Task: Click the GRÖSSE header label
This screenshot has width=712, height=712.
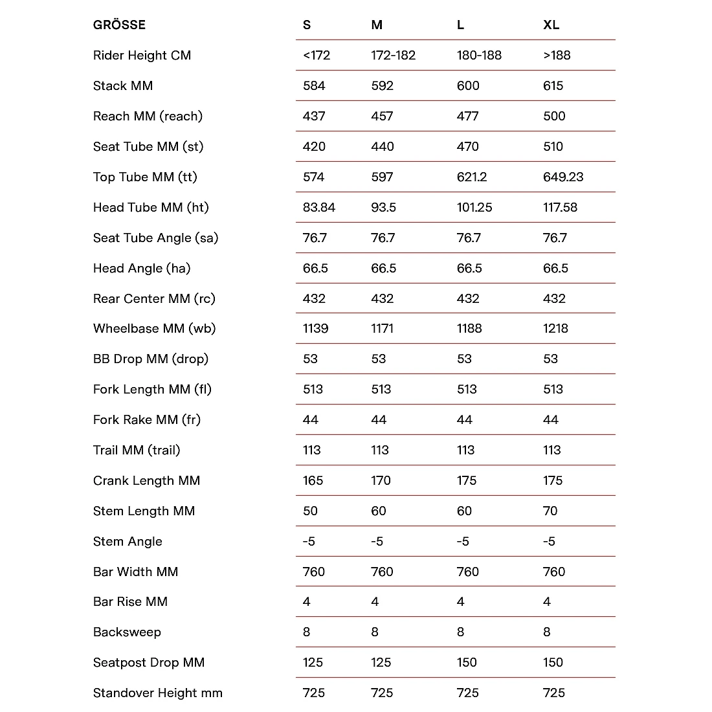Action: click(x=119, y=25)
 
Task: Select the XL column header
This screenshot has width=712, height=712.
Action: click(x=551, y=25)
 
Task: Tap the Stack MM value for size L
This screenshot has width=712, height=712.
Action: click(x=468, y=85)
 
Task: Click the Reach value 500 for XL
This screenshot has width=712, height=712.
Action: click(x=554, y=116)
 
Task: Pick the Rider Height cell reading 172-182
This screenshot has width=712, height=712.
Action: click(x=393, y=55)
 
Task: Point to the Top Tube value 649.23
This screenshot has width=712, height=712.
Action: click(x=563, y=177)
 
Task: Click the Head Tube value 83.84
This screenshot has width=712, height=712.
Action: click(x=319, y=207)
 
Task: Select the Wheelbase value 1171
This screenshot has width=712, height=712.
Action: click(x=382, y=328)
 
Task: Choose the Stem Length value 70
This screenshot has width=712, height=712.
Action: click(x=550, y=511)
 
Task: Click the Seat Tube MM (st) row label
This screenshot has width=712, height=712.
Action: click(x=148, y=146)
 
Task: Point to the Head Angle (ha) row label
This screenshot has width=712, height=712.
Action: click(x=142, y=268)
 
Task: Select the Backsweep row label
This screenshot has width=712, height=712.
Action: click(x=127, y=632)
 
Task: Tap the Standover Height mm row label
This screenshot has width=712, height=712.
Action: click(x=158, y=693)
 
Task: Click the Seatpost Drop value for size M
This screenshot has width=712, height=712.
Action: click(x=381, y=662)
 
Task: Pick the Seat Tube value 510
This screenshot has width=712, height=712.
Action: click(x=553, y=146)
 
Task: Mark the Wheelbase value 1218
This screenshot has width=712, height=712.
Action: click(x=555, y=328)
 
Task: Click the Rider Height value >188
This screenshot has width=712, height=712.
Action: click(x=557, y=55)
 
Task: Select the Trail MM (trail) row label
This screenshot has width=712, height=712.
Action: click(x=137, y=450)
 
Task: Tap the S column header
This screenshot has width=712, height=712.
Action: click(x=307, y=25)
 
